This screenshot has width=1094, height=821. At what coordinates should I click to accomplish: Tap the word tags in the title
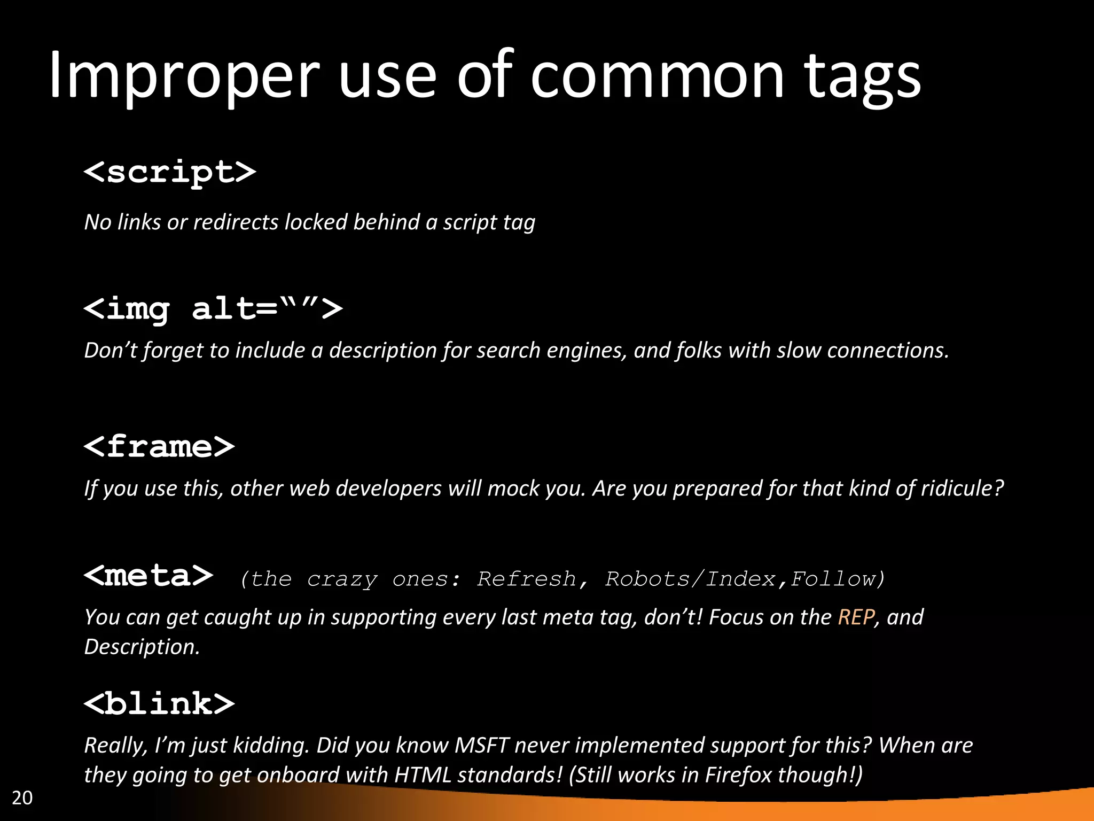[862, 78]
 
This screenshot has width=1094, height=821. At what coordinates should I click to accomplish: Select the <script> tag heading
[170, 172]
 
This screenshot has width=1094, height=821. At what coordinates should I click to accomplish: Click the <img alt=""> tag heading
[213, 309]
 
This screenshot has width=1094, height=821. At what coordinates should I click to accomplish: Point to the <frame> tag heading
[159, 446]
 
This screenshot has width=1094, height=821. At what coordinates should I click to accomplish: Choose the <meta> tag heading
[149, 576]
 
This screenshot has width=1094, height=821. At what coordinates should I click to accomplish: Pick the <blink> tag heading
[159, 703]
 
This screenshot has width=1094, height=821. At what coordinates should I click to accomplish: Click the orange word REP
[856, 617]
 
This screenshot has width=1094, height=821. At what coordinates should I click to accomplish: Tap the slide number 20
[22, 797]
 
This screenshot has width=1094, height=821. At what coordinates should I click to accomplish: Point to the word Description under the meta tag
[142, 647]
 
